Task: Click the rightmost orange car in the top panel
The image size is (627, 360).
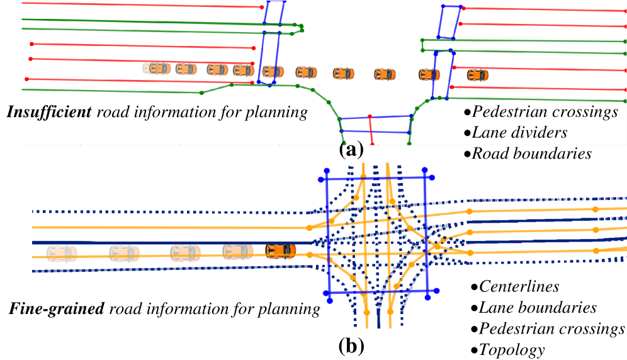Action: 477,75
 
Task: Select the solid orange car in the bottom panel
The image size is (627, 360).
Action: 281,251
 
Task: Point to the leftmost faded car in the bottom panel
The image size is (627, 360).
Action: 62,253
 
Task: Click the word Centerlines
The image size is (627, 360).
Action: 519,287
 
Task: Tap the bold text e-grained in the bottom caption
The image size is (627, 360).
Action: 67,310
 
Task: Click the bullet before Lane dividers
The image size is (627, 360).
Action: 467,133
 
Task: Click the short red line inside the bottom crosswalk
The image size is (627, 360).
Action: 371,130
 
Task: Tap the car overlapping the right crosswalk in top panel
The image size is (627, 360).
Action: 429,74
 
